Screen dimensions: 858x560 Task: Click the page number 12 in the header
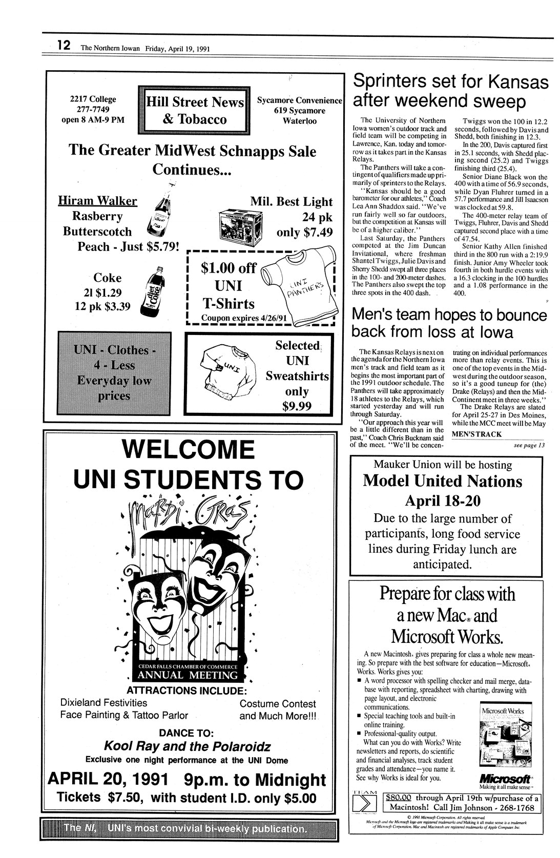pos(64,45)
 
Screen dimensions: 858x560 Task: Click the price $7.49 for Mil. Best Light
pos(304,232)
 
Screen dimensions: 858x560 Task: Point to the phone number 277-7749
pos(93,110)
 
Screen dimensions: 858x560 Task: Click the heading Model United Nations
pos(443,481)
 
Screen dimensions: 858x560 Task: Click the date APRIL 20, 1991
pos(108,780)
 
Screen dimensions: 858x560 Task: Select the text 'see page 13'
pos(529,445)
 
